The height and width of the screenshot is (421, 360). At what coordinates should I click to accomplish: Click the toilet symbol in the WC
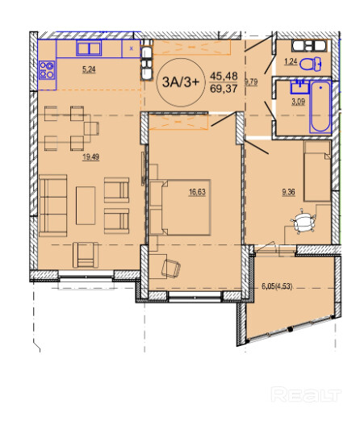pyautogui.click(x=311, y=64)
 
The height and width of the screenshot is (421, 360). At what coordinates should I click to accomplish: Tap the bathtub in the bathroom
pyautogui.click(x=320, y=106)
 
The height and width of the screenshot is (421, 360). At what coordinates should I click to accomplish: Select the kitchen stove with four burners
pyautogui.click(x=47, y=70)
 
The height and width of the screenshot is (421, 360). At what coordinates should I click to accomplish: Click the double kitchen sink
pyautogui.click(x=89, y=48)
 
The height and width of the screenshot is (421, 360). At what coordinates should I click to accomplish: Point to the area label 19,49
pyautogui.click(x=91, y=156)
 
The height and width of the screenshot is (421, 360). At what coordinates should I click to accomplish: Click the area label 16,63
pyautogui.click(x=197, y=192)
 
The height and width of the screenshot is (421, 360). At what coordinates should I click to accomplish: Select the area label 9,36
pyautogui.click(x=288, y=192)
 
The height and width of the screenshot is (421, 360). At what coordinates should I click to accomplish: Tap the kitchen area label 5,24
pyautogui.click(x=89, y=69)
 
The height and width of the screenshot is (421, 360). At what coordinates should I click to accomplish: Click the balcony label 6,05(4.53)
pyautogui.click(x=277, y=286)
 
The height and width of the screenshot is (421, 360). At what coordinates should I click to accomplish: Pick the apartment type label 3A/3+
pyautogui.click(x=181, y=82)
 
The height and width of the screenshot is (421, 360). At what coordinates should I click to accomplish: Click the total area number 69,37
pyautogui.click(x=224, y=89)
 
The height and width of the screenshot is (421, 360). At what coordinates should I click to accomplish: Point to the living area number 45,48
pyautogui.click(x=224, y=76)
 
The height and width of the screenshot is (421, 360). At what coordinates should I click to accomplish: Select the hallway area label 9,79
pyautogui.click(x=251, y=81)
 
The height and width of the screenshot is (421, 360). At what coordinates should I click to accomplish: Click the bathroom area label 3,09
pyautogui.click(x=299, y=102)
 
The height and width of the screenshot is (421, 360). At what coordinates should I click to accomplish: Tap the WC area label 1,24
pyautogui.click(x=291, y=62)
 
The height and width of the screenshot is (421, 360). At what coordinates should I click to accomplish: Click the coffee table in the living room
pyautogui.click(x=86, y=206)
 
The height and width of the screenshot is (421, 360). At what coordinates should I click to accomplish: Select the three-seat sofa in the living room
pyautogui.click(x=53, y=206)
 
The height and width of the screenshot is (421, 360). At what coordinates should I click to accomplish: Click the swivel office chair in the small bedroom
pyautogui.click(x=303, y=221)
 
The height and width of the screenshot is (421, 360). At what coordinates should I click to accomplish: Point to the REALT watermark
pyautogui.click(x=306, y=394)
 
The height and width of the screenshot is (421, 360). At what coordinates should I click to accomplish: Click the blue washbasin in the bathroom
pyautogui.click(x=299, y=87)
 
